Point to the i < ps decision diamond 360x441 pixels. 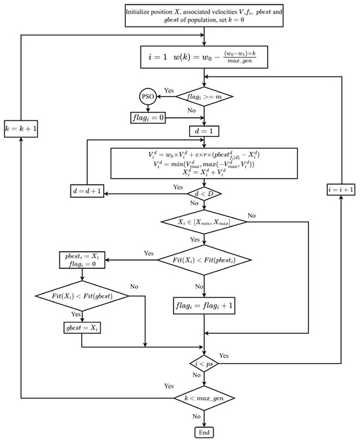[x=206, y=362]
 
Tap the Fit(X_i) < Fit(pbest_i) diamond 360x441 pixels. [x=206, y=260]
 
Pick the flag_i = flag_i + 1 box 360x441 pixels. [x=206, y=303]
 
